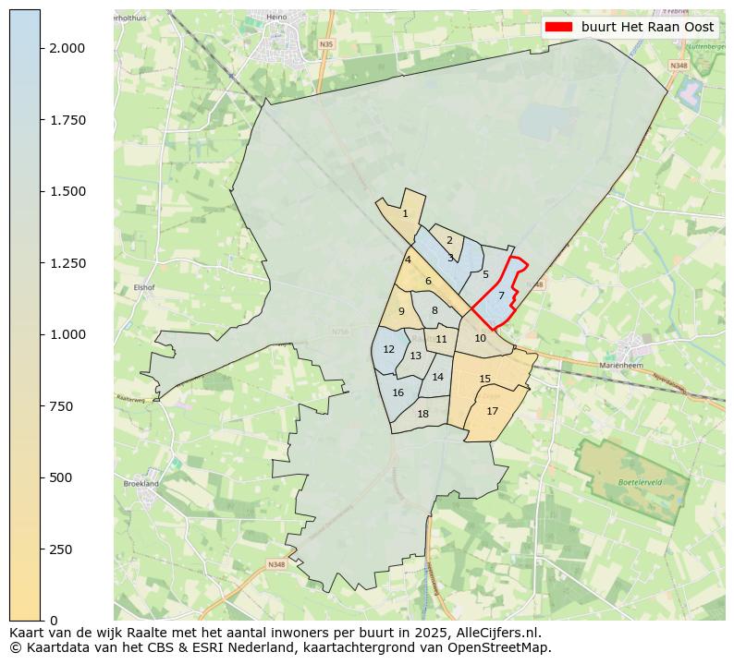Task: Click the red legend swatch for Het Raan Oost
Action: pyautogui.click(x=560, y=27)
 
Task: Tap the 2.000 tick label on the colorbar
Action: pyautogui.click(x=68, y=48)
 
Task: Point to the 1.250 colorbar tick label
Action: pyautogui.click(x=68, y=263)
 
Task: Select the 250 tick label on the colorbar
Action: pyautogui.click(x=62, y=549)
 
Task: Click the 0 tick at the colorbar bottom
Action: pyautogui.click(x=53, y=621)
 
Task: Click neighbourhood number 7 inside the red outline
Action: pyautogui.click(x=501, y=296)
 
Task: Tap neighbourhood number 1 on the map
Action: pyautogui.click(x=405, y=213)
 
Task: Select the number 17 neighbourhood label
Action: pyautogui.click(x=493, y=411)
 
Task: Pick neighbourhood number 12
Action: pyautogui.click(x=388, y=349)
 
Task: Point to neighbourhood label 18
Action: pyautogui.click(x=423, y=414)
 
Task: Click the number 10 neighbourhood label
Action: pyautogui.click(x=480, y=338)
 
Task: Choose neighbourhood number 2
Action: pyautogui.click(x=449, y=240)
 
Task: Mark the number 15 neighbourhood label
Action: pyautogui.click(x=485, y=379)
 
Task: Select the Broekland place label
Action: pyautogui.click(x=141, y=483)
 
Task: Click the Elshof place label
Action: pyautogui.click(x=143, y=287)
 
